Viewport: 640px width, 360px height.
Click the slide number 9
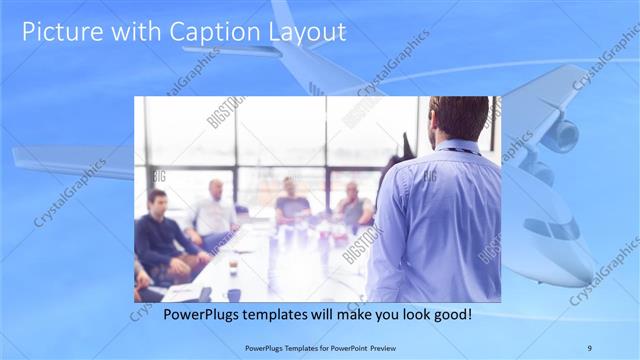(588, 346)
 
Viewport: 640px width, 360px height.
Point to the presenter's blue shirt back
(440, 220)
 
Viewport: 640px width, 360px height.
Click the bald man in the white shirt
(212, 210)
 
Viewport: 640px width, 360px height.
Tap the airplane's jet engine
(558, 135)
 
